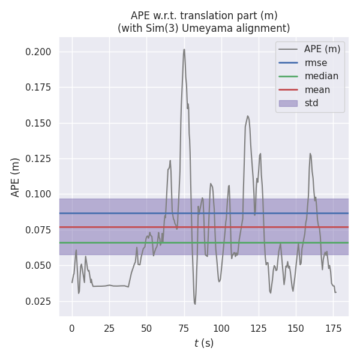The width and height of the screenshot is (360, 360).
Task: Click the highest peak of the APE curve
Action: [x=184, y=49]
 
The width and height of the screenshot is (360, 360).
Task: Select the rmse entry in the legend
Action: [x=315, y=62]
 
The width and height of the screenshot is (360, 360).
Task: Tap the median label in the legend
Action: [x=321, y=76]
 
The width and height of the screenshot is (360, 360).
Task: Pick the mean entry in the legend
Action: [x=317, y=90]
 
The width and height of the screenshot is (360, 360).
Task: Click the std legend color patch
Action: [x=288, y=103]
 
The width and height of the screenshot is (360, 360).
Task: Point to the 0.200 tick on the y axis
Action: [x=39, y=52]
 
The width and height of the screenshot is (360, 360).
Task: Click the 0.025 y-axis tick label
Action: [x=39, y=301]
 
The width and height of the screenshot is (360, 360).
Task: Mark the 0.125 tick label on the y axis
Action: [x=39, y=159]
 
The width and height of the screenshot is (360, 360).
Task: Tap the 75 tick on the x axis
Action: [x=184, y=328]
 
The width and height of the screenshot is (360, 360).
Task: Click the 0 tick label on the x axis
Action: [x=72, y=328]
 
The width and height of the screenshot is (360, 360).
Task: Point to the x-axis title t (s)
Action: [x=204, y=343]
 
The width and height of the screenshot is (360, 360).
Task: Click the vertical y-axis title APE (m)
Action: [x=16, y=177]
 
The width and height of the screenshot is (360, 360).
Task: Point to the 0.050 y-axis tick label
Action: [x=39, y=266]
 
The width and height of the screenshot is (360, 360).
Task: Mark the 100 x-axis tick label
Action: [x=221, y=328]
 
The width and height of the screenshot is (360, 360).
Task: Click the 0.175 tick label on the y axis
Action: [x=39, y=88]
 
